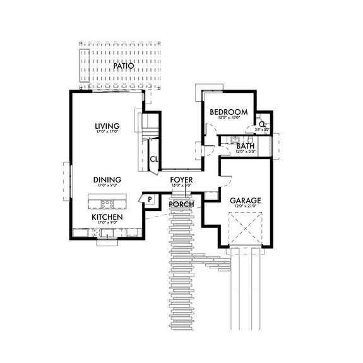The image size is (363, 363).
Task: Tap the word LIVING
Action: [107, 126]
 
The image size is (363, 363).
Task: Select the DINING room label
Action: [107, 180]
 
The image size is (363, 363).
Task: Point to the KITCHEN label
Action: [107, 217]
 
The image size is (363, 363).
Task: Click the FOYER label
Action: [181, 180]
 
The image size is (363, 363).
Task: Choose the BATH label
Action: [245, 146]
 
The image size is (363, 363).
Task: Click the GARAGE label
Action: [246, 200]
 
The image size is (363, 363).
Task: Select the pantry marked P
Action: [150, 199]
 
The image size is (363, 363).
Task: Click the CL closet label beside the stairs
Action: [153, 158]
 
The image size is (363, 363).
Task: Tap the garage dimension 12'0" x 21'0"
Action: [246, 207]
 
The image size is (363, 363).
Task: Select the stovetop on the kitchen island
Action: [107, 203]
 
